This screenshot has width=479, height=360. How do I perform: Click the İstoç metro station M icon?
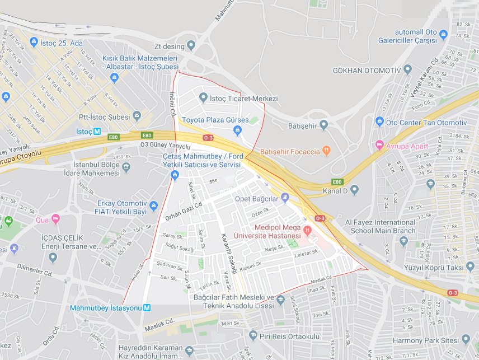(97, 132)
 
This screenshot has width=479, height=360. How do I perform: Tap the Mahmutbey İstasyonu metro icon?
(147, 307)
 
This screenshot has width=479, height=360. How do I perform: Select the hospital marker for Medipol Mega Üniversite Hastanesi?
(307, 230)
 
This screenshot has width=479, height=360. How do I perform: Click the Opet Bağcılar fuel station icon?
(285, 197)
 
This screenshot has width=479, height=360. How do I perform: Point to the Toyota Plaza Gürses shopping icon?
(237, 131)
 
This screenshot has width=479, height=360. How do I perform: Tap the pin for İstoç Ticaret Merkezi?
(203, 98)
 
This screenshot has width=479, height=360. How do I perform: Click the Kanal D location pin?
(354, 191)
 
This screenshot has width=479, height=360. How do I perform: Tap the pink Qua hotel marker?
(55, 218)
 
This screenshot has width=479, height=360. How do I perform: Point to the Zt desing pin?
(191, 45)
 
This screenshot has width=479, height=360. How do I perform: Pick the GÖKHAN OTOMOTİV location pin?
(407, 69)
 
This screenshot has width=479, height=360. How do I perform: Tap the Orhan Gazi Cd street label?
(184, 210)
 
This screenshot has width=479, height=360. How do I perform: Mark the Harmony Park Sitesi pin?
(465, 340)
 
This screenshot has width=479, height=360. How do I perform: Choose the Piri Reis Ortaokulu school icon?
(253, 336)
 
